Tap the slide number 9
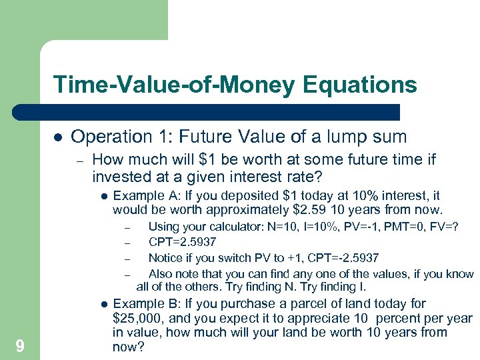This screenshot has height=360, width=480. pos(20,345)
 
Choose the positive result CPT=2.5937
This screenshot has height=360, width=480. pos(182,243)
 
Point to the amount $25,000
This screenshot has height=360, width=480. pos(140,318)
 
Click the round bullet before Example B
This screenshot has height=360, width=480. pos(105,304)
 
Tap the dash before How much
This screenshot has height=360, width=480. pos(79,161)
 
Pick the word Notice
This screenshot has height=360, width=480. pos(167,258)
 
